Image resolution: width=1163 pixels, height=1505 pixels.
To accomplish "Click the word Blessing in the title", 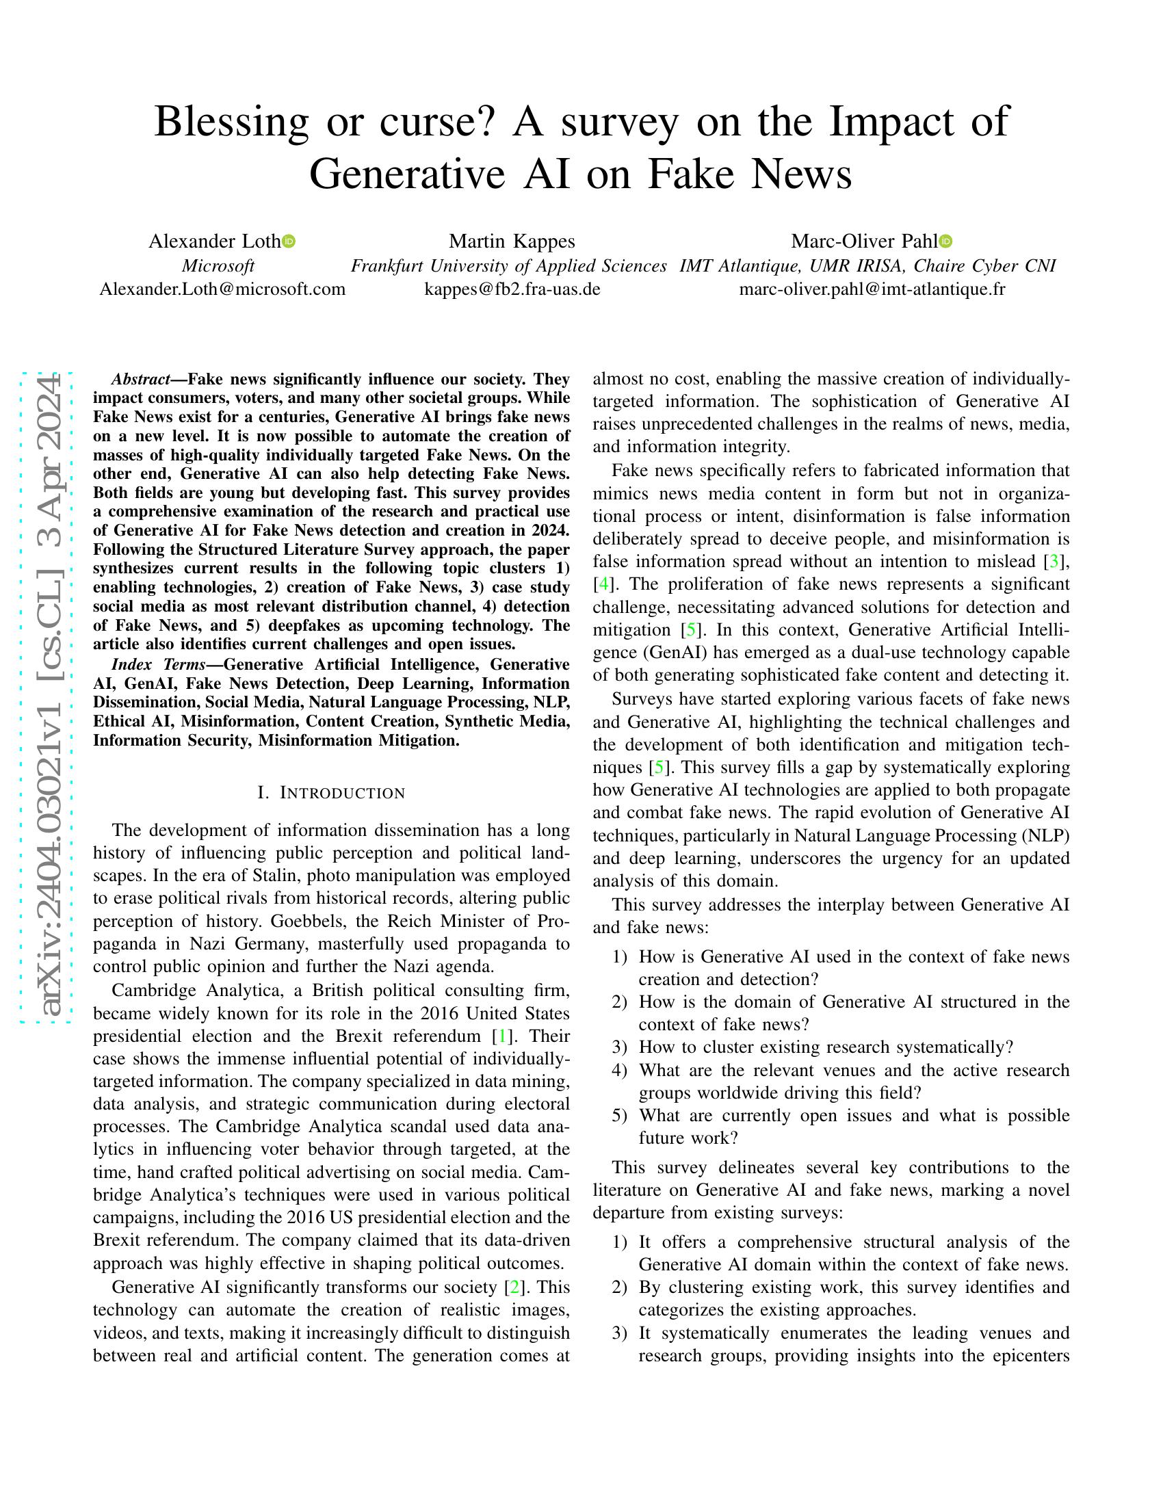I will click(x=231, y=122).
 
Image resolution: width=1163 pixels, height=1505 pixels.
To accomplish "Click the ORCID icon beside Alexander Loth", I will click(x=289, y=241).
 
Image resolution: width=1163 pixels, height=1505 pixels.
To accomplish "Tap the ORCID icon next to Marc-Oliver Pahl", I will click(x=946, y=241).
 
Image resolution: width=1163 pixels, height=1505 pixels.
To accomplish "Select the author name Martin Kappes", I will click(x=512, y=241).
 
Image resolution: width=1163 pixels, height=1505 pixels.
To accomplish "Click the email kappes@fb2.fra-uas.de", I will click(x=512, y=289).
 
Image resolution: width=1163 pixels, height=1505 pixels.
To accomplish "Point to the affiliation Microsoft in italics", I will click(x=218, y=265).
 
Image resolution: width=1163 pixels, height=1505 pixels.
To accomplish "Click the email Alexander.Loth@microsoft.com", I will click(x=222, y=289).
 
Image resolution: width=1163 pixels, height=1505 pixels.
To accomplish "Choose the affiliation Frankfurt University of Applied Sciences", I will click(x=508, y=265).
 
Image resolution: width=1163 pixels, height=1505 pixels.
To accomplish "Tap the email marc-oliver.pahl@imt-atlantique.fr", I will click(x=872, y=289).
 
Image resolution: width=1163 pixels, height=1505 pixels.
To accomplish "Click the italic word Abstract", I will click(x=140, y=379).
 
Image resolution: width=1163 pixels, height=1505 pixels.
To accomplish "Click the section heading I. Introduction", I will click(x=331, y=793).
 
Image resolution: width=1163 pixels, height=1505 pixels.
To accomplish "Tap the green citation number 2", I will click(x=512, y=1287).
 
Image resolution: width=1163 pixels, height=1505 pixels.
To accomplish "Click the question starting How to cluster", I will click(x=826, y=1047).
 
